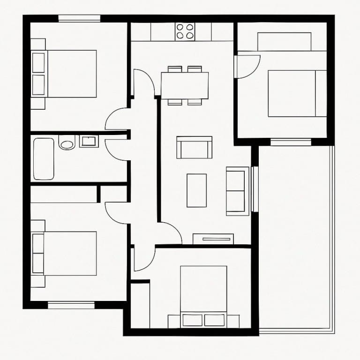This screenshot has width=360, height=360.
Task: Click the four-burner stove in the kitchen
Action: [185, 31]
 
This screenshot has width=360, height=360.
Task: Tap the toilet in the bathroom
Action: [67, 142]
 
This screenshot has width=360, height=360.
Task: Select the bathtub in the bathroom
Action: [44, 159]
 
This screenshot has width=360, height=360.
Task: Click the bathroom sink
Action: [89, 141]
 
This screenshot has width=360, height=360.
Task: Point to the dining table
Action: [185, 85]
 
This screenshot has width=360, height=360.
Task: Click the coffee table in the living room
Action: [196, 190]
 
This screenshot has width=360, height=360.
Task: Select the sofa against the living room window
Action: [238, 191]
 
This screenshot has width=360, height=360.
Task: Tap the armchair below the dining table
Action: [194, 147]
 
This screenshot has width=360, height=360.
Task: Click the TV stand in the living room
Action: [213, 239]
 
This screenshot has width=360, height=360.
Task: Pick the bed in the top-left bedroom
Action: [66, 74]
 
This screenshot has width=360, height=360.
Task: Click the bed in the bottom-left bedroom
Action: [66, 253]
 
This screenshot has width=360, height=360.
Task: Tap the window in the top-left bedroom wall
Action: [79, 19]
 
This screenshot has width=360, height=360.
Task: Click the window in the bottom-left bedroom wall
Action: [71, 305]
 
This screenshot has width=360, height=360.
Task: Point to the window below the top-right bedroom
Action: [291, 142]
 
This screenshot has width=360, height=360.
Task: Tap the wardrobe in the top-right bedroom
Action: [284, 41]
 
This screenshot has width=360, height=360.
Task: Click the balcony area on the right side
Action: [295, 234]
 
